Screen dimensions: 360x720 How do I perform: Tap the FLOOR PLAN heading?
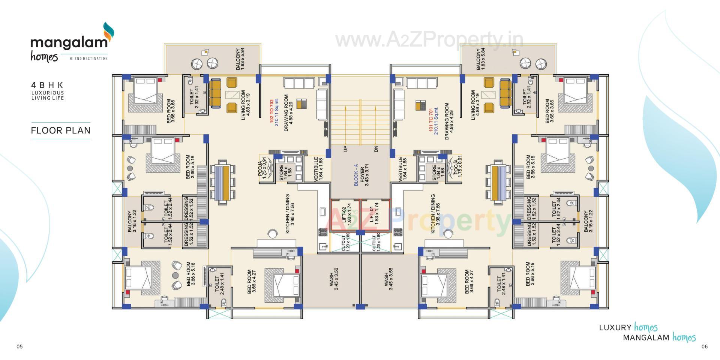click(x=61, y=130)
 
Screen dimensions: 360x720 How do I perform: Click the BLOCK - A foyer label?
click(x=356, y=175)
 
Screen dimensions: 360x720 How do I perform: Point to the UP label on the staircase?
click(x=345, y=148)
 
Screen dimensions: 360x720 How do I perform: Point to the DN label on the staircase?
click(x=376, y=148)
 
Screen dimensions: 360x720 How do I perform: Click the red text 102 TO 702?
click(x=271, y=112)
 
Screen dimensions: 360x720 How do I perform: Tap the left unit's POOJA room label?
click(x=262, y=169)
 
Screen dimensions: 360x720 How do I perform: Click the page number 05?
click(x=19, y=346)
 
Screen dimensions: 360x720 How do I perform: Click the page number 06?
click(x=704, y=346)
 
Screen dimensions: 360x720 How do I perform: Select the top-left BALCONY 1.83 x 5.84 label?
click(x=240, y=59)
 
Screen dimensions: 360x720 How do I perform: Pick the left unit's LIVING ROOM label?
click(x=245, y=105)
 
